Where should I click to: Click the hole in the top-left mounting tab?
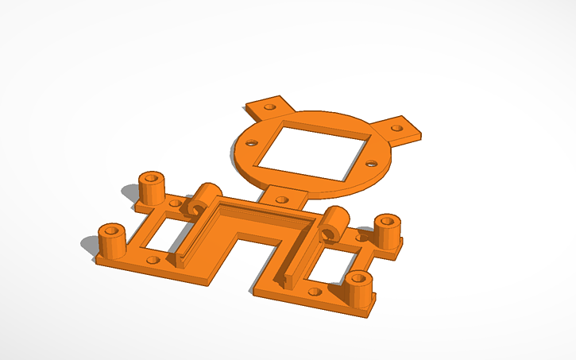269,105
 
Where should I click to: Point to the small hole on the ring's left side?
251,144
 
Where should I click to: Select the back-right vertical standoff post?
387,230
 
